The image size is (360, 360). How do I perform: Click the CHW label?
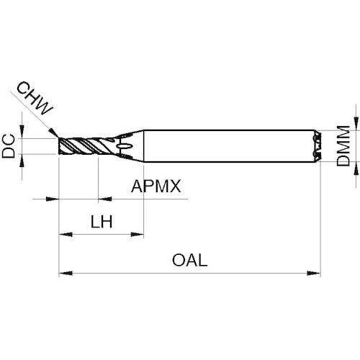(35, 98)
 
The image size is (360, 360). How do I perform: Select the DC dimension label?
(9, 146)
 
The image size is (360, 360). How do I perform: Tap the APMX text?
(156, 186)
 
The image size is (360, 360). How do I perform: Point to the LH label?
(102, 222)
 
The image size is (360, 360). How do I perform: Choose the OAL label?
(189, 260)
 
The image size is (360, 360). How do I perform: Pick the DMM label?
(343, 145)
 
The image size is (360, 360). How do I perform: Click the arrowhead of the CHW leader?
(53, 132)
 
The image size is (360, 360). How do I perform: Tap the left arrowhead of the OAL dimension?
(66, 273)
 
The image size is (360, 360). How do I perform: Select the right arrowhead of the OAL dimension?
(314, 273)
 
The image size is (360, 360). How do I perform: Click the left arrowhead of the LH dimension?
(66, 234)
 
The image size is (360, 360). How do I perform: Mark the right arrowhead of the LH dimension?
(137, 234)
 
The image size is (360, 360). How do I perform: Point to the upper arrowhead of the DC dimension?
(22, 132)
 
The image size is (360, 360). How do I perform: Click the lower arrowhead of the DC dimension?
(22, 161)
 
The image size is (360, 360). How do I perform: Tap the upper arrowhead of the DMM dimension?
(356, 124)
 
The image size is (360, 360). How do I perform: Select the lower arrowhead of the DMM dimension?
(356, 168)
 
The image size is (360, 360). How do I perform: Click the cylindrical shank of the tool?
(229, 146)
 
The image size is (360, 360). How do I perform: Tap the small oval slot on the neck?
(125, 146)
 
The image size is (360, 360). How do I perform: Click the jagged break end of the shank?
(317, 146)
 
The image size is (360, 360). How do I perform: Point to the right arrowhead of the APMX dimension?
(105, 199)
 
